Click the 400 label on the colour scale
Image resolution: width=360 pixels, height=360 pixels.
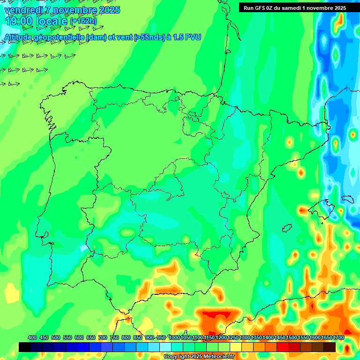click(x=32, y=337)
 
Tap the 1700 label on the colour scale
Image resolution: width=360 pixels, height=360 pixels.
click(x=339, y=337)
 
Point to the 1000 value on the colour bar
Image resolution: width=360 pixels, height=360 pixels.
click(x=174, y=337)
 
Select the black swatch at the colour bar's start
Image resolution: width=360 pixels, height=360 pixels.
click(x=25, y=347)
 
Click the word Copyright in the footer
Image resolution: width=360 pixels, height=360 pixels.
click(x=177, y=357)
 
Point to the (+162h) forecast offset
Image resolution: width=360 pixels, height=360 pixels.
click(x=83, y=21)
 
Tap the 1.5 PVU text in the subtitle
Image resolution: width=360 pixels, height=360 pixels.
click(x=187, y=37)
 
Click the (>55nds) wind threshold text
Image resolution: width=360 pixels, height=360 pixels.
click(x=145, y=37)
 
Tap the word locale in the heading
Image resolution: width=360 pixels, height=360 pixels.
click(x=52, y=21)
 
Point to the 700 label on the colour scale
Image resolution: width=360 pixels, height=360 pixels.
click(x=103, y=337)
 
